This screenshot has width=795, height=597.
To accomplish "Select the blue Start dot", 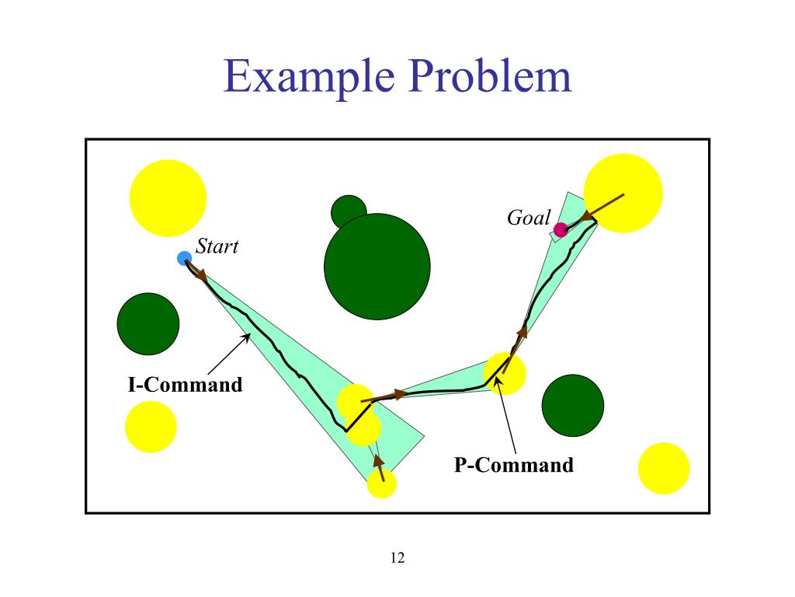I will click(184, 258).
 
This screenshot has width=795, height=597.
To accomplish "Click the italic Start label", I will click(217, 247).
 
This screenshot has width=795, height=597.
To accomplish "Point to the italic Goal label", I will click(528, 218).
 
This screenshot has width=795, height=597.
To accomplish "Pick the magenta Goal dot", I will click(561, 229).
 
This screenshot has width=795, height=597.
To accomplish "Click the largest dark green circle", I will click(377, 267).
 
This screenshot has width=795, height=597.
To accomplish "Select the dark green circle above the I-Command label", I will click(148, 324).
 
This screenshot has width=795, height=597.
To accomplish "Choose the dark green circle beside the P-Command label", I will click(573, 406).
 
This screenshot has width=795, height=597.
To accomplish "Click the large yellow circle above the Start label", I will click(168, 197).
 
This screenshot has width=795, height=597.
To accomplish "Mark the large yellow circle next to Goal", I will click(623, 193).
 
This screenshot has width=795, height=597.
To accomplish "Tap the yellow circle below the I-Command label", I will click(151, 427).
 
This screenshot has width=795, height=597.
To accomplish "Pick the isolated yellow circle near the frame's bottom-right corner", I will click(664, 468).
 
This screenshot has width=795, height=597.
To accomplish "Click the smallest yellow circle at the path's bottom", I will click(381, 483).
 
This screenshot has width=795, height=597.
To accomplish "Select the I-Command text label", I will click(185, 384).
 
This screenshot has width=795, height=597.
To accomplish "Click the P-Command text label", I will click(514, 465).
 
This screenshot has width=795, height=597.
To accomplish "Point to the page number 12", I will click(397, 557).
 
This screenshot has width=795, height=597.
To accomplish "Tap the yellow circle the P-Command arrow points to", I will click(505, 373).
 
